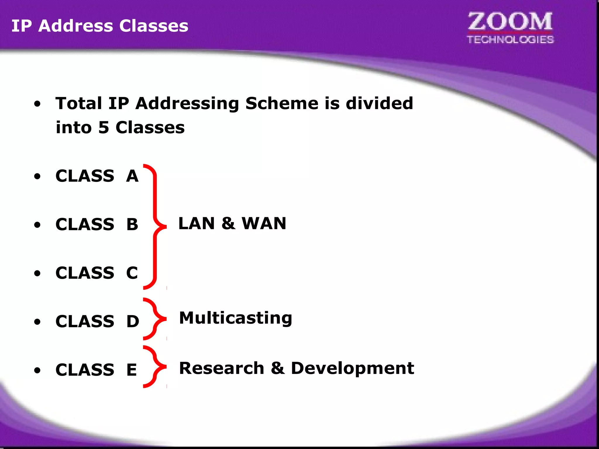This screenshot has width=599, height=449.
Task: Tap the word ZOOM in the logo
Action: click(510, 22)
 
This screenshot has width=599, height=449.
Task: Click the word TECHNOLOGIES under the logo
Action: click(510, 39)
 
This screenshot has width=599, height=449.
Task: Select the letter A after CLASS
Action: click(132, 176)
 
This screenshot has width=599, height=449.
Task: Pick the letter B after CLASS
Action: click(132, 224)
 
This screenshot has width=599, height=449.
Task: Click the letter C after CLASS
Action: click(132, 273)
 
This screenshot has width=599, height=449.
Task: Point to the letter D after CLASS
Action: click(132, 322)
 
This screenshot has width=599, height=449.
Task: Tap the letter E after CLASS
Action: click(132, 370)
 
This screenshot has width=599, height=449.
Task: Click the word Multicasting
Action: click(235, 318)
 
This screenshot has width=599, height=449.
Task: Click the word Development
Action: click(352, 368)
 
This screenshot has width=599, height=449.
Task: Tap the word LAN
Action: click(197, 224)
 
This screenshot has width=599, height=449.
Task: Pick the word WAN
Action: click(264, 224)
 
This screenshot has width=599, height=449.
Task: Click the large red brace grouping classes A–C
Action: click(155, 227)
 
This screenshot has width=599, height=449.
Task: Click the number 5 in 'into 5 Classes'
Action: click(104, 127)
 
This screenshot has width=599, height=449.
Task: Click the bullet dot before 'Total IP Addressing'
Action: click(37, 104)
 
